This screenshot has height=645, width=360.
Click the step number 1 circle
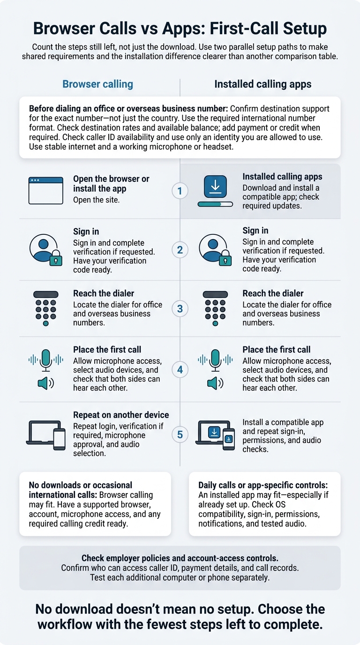(x=180, y=191)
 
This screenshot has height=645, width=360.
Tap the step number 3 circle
(x=180, y=309)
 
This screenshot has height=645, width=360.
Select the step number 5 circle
(x=180, y=435)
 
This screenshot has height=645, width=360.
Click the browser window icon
(x=46, y=191)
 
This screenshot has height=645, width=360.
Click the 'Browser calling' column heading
(x=97, y=84)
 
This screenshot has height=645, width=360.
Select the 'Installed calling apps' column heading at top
(x=262, y=84)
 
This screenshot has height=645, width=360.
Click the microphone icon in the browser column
(x=46, y=360)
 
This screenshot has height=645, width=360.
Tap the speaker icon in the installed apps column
(x=215, y=383)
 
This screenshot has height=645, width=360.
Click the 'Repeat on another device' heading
(x=121, y=415)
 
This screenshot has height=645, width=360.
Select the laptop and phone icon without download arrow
(x=46, y=435)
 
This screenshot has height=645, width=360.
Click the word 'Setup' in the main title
(x=305, y=29)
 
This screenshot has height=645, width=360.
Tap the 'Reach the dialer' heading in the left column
(x=104, y=293)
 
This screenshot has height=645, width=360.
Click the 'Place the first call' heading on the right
(x=277, y=350)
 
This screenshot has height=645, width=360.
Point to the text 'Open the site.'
(x=96, y=200)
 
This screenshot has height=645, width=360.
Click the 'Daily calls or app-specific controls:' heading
(x=263, y=485)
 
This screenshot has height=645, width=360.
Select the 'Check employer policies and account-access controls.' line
(x=180, y=558)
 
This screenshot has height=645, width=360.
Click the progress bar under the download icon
(x=215, y=204)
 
